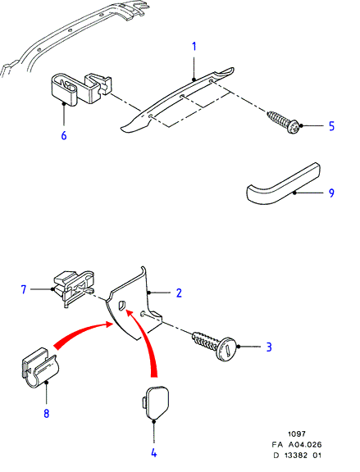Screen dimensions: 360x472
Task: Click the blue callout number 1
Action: (x=194, y=47)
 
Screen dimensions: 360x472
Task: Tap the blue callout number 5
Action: (x=331, y=126)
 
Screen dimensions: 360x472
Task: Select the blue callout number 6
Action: (x=64, y=135)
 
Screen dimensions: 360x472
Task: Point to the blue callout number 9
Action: (x=331, y=193)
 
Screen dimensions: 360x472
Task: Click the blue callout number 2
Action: (x=179, y=293)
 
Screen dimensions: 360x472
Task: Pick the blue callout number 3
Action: (x=269, y=347)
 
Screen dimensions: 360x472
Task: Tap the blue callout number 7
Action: (x=24, y=289)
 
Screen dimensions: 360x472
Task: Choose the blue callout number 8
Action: (x=47, y=413)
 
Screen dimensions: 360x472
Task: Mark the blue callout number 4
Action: (x=153, y=452)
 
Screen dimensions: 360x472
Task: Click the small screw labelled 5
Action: (x=285, y=122)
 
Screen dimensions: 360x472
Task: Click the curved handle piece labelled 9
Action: (x=283, y=184)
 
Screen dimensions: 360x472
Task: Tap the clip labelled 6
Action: (x=80, y=89)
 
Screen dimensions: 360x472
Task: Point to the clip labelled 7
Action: (x=74, y=288)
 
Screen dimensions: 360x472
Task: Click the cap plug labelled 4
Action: (x=156, y=402)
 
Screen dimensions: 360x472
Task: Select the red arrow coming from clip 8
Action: (x=81, y=333)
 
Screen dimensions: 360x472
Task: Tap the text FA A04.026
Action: (x=297, y=444)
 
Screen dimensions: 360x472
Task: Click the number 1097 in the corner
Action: (x=297, y=433)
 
